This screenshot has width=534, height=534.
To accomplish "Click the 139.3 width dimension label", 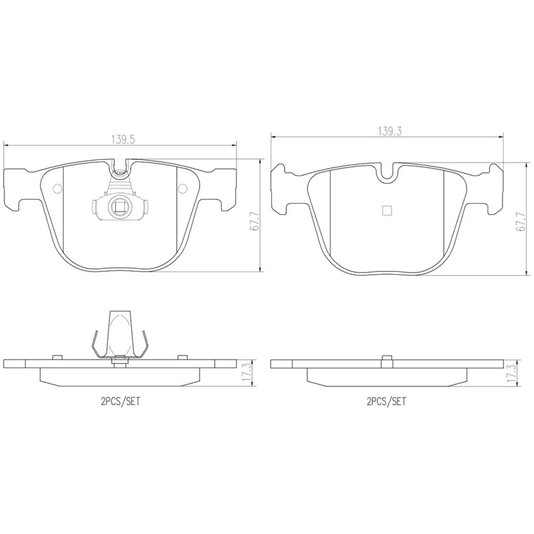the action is (x=390, y=132).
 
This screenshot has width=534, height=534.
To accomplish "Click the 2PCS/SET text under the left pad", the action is (x=120, y=402).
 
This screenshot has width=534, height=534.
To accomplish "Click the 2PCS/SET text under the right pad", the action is (x=386, y=401).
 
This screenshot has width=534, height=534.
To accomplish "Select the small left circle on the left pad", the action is (x=57, y=189).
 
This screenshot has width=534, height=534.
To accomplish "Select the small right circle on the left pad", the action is (x=183, y=189).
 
